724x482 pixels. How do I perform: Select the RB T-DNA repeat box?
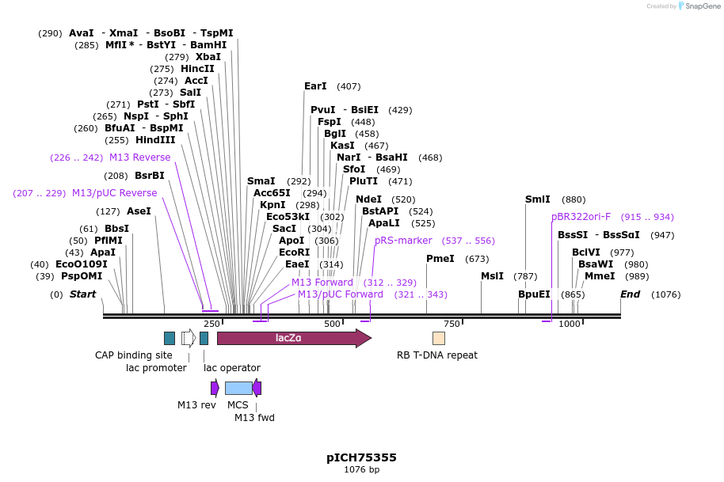click(x=438, y=339)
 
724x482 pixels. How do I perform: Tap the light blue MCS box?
click(x=238, y=388)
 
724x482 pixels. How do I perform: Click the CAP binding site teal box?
click(x=169, y=339)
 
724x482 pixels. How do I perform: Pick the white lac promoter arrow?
click(x=189, y=339)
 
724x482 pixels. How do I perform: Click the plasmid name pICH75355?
click(x=361, y=457)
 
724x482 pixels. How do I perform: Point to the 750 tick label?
click(x=452, y=324)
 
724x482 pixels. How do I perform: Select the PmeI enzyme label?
click(x=440, y=259)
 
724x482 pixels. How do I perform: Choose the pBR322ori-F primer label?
click(x=581, y=217)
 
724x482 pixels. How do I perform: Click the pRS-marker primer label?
click(x=403, y=241)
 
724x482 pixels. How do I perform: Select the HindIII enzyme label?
click(x=155, y=140)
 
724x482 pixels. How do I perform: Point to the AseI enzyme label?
click(x=139, y=211)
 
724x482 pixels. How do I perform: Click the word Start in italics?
click(x=82, y=294)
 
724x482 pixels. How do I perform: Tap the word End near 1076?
click(x=630, y=294)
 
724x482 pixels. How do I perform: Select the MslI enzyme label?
click(x=492, y=276)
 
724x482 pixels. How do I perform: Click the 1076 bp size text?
click(x=361, y=470)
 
